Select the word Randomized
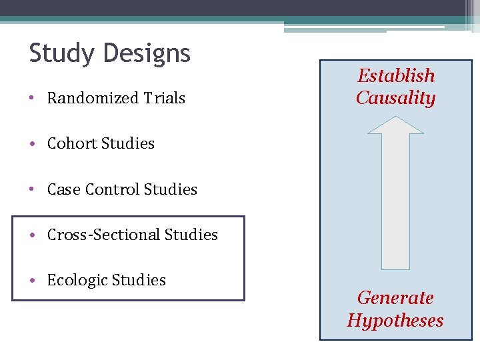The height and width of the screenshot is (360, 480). click(x=84, y=98)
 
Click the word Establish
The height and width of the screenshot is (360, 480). click(x=396, y=75)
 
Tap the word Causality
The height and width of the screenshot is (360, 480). click(x=395, y=98)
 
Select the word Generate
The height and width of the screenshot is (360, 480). click(x=395, y=297)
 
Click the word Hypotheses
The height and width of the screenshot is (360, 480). click(x=395, y=320)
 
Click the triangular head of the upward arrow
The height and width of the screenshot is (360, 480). click(x=395, y=125)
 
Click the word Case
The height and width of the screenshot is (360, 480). click(x=63, y=189)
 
